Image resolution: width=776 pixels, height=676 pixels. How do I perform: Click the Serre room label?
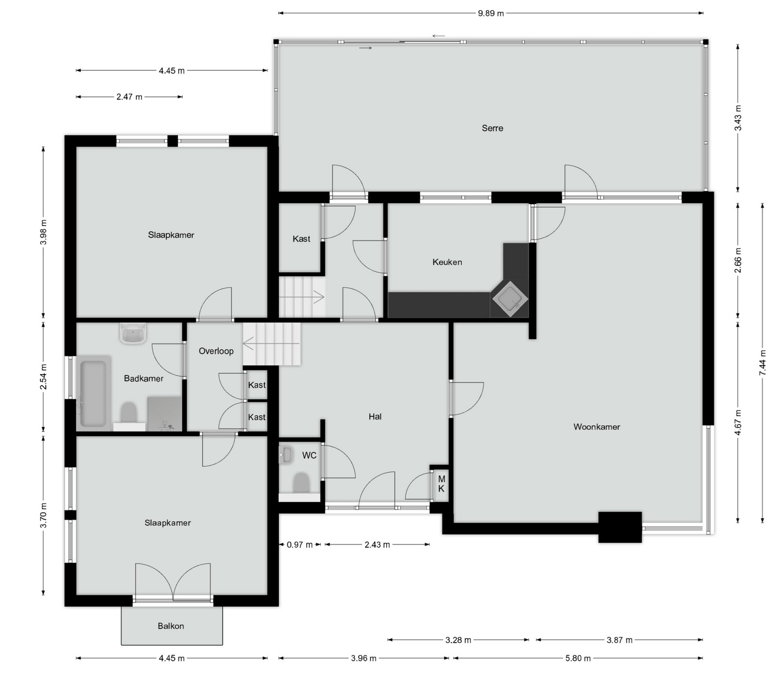click(492, 128)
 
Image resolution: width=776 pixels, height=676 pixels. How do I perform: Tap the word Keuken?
click(447, 262)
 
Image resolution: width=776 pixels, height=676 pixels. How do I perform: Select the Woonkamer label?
click(597, 427)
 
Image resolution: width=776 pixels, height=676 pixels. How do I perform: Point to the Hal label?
click(375, 417)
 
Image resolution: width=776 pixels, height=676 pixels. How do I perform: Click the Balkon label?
click(171, 626)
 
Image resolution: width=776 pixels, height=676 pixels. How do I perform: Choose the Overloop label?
click(216, 351)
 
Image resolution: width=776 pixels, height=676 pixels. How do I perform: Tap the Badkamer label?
click(144, 378)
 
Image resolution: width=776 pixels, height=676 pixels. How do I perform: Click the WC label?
click(309, 455)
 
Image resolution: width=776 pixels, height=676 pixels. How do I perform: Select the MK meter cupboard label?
click(441, 484)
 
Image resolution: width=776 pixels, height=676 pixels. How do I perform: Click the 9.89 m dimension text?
click(491, 13)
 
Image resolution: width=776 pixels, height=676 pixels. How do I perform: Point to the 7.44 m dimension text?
click(763, 363)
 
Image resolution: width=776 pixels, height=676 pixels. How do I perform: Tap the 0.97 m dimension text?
click(300, 545)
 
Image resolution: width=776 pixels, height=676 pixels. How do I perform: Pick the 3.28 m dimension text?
click(458, 640)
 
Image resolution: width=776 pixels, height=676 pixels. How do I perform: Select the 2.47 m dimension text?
click(129, 97)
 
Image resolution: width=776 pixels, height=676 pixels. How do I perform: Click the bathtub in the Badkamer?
click(94, 393)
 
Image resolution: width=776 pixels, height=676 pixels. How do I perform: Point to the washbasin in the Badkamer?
click(133, 334)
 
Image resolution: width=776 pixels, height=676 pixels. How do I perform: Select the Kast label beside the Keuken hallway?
click(301, 239)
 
